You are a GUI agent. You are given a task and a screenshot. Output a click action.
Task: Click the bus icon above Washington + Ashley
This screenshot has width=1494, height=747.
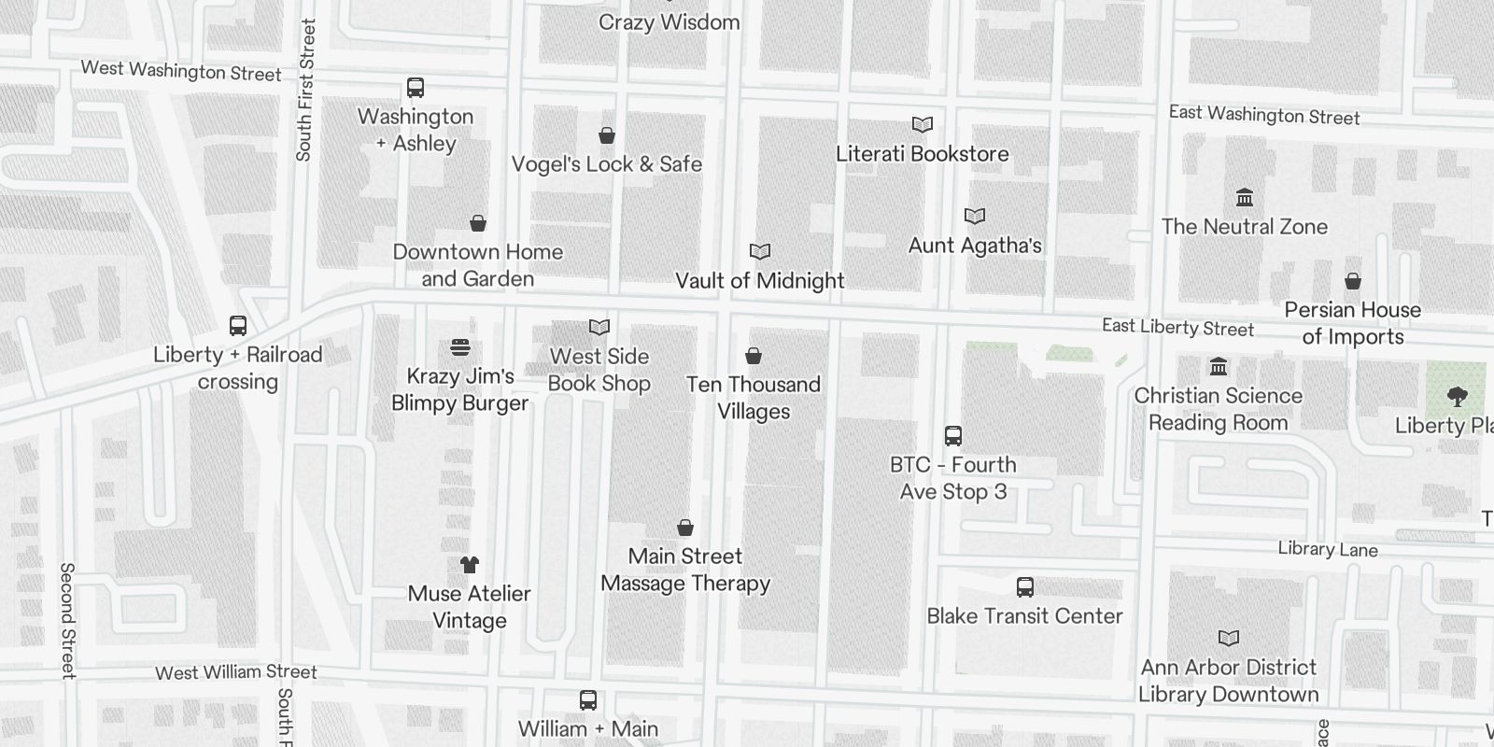pyautogui.click(x=416, y=89)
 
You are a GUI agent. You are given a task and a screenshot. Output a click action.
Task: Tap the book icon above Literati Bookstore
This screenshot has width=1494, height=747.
pyautogui.click(x=923, y=124)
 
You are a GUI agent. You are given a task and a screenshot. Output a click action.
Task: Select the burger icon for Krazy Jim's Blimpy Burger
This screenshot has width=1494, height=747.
pyautogui.click(x=459, y=347)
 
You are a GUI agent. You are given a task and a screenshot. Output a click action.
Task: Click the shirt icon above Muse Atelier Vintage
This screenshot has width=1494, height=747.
pyautogui.click(x=470, y=565)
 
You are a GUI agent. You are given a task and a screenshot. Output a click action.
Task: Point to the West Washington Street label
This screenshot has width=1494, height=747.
pyautogui.click(x=181, y=70)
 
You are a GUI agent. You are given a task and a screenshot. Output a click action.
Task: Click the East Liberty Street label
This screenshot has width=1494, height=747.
pyautogui.click(x=1177, y=328)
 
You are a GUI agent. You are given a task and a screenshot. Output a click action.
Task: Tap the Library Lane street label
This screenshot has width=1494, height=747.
pyautogui.click(x=1327, y=549)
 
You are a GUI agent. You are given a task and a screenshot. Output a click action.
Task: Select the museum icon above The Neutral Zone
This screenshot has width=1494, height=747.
pyautogui.click(x=1245, y=198)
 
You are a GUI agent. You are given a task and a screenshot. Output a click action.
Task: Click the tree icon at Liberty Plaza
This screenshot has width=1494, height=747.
pyautogui.click(x=1457, y=397)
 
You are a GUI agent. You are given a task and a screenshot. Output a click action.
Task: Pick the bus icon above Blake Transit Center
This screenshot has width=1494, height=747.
pyautogui.click(x=1024, y=587)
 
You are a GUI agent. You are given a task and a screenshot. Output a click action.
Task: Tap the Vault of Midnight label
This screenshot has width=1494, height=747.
pyautogui.click(x=759, y=280)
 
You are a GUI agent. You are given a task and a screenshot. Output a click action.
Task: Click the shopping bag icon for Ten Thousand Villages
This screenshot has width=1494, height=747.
pyautogui.click(x=754, y=356)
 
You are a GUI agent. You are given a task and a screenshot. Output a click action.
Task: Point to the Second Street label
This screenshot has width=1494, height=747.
pyautogui.click(x=67, y=620)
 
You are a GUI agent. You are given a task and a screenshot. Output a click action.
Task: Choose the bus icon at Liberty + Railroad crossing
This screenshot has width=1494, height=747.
pyautogui.click(x=238, y=326)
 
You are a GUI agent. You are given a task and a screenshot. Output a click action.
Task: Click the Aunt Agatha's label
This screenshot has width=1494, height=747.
pyautogui.click(x=975, y=246)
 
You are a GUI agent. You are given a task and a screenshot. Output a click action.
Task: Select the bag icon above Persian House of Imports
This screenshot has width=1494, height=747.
pyautogui.click(x=1352, y=281)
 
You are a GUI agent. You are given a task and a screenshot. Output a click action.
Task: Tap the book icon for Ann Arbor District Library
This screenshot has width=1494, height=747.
pyautogui.click(x=1229, y=639)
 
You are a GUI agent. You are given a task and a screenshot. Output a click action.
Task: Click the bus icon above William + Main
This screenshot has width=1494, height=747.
pyautogui.click(x=588, y=700)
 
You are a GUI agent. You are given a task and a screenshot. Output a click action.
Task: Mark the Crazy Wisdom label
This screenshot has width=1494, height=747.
pyautogui.click(x=669, y=22)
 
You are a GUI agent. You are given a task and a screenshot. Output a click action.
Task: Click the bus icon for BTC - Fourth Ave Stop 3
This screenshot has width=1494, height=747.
pyautogui.click(x=952, y=436)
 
